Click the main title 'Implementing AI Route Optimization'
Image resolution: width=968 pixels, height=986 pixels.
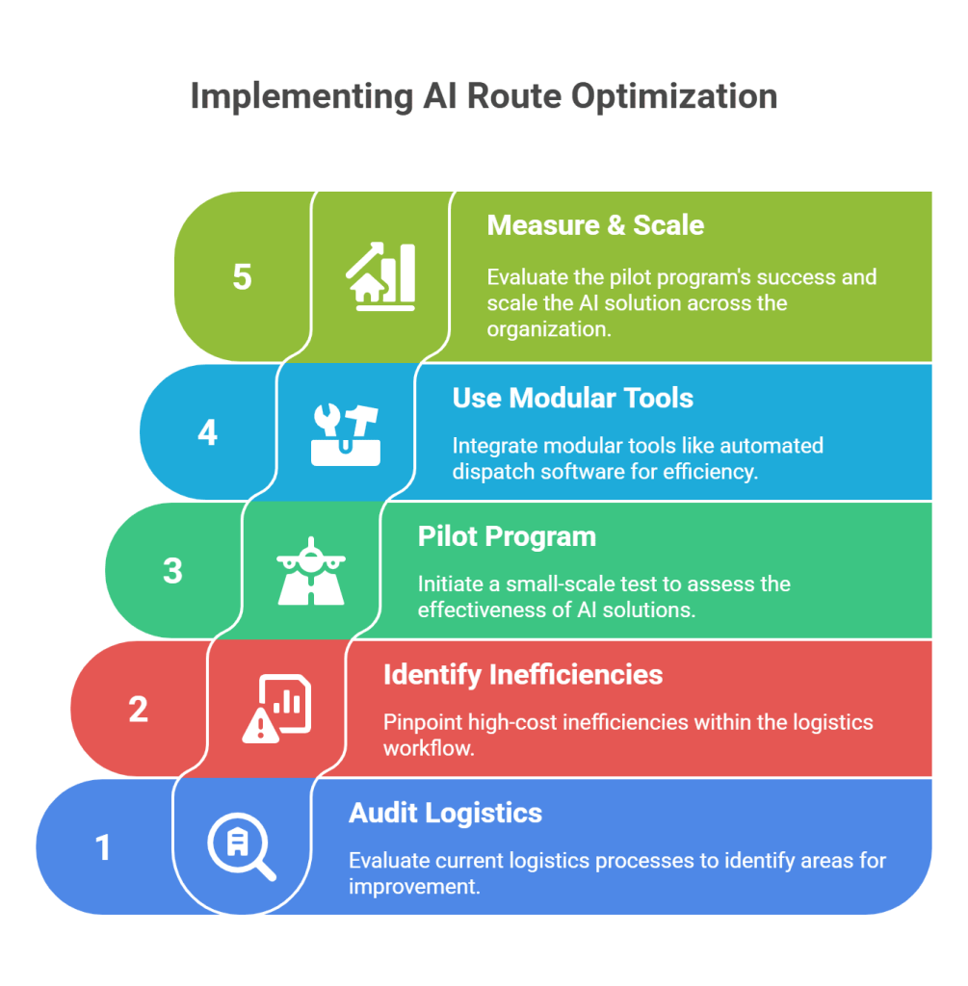tap(484, 97)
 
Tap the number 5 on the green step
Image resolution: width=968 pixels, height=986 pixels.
tap(242, 277)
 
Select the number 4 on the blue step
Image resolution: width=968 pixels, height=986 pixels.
tap(207, 432)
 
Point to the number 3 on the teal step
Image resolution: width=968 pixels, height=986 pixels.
tap(172, 570)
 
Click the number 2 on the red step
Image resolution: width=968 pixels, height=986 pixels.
tap(138, 709)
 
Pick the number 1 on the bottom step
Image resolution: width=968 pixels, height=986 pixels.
tap(103, 847)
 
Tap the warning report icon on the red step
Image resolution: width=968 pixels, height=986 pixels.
tap(276, 709)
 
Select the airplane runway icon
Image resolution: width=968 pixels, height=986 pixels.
tap(311, 570)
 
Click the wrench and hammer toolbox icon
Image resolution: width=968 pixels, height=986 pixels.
tap(346, 432)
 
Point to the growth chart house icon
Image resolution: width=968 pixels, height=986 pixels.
tap(380, 277)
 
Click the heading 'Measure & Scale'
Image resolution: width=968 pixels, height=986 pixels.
tap(595, 225)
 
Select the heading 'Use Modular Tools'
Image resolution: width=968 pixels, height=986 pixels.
tap(572, 398)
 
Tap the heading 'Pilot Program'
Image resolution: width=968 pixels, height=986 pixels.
tap(507, 536)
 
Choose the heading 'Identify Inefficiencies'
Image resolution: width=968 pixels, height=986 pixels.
tap(523, 674)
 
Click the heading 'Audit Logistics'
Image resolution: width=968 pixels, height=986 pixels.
tap(445, 813)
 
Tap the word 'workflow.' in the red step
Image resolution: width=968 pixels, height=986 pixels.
tap(429, 747)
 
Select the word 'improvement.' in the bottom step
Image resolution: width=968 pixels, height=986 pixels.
tap(414, 886)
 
